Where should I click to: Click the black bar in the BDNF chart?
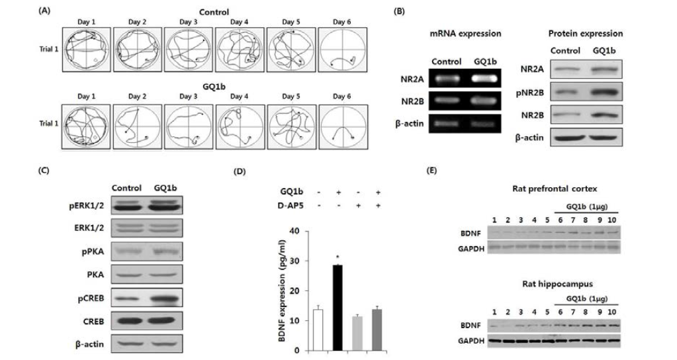pos(338,308)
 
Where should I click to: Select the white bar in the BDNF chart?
pos(318,330)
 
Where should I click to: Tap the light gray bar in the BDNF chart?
pos(357,334)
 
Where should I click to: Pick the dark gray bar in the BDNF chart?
pos(377,330)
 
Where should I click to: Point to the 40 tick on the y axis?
pos(294,232)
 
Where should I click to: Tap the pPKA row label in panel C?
pos(93,251)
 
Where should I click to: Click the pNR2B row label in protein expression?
pos(530,93)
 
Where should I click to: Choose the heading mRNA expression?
pos(465,34)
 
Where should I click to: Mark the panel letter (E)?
pos(431,171)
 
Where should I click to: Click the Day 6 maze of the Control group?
pos(342,50)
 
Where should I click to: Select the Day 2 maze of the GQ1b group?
pos(137,127)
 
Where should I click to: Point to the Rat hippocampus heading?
pos(557,284)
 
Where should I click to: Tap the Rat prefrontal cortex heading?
pos(555,189)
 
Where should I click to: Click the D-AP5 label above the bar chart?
pos(290,205)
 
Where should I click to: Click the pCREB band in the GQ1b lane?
pos(165,298)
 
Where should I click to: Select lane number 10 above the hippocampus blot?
pos(611,312)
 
